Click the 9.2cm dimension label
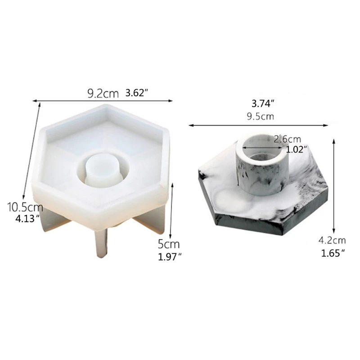tap(103, 94)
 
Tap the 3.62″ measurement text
tap(137, 94)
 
